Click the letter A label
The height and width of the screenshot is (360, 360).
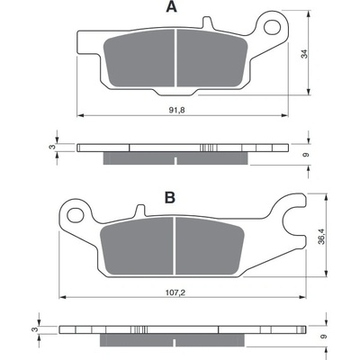click(x=171, y=7)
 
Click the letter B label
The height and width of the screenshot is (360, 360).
click(x=170, y=198)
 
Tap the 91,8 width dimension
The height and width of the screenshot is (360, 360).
click(x=177, y=110)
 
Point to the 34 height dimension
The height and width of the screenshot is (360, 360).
click(x=304, y=54)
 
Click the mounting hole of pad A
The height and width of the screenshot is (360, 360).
click(x=272, y=27)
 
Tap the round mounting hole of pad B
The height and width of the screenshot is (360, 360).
click(x=75, y=215)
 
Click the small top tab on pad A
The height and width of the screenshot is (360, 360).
click(x=207, y=22)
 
